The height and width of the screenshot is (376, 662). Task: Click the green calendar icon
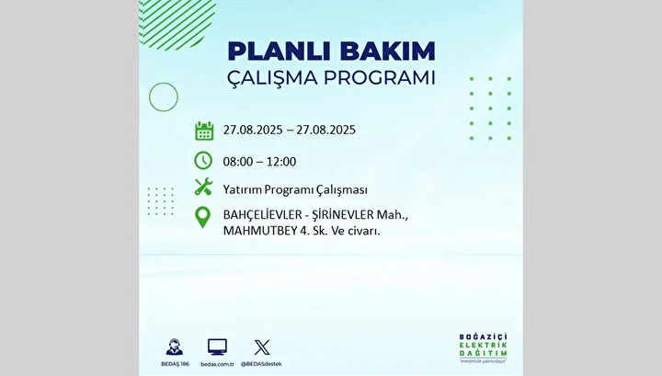tap(204, 131)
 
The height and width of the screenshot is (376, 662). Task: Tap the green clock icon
tap(203, 161)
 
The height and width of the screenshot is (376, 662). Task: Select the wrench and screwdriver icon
tap(203, 187)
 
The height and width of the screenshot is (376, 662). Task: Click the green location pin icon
tap(202, 217)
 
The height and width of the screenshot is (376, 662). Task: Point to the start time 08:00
tap(238, 162)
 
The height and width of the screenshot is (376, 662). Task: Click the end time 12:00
tap(281, 162)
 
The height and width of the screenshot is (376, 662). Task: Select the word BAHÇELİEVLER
tap(263, 215)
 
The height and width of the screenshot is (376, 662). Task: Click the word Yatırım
tap(242, 190)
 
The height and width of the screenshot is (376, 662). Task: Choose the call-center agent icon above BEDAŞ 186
tap(175, 347)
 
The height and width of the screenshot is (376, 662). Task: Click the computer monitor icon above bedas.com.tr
tap(217, 347)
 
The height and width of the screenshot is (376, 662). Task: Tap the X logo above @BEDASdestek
tap(262, 348)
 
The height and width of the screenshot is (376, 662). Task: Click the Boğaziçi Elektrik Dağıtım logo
tap(483, 348)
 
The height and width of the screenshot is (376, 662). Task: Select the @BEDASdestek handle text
tap(261, 364)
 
